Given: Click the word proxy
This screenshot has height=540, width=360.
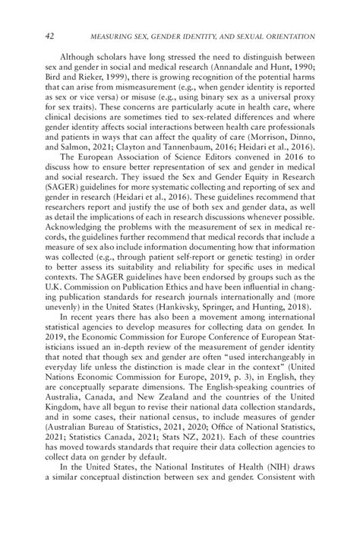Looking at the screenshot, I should pyautogui.click(x=298, y=106).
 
